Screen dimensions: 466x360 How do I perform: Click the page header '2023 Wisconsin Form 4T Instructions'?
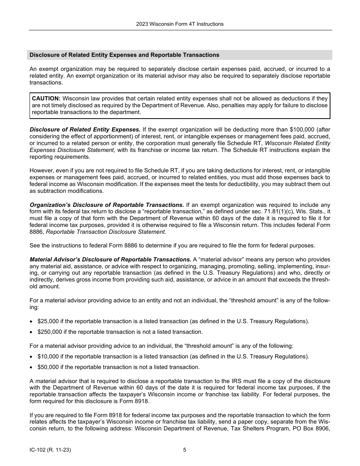[x=180, y=24]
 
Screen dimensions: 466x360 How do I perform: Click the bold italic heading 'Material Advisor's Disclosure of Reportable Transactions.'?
[x=110, y=260]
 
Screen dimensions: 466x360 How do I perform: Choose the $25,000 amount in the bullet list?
[x=48, y=321]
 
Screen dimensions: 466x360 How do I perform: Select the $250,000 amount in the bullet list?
[x=50, y=332]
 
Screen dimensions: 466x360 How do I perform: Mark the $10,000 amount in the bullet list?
[x=48, y=357]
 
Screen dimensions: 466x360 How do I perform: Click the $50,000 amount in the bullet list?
[x=48, y=367]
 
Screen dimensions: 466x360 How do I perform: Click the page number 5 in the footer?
[x=185, y=450]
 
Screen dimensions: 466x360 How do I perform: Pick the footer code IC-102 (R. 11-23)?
[x=50, y=450]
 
